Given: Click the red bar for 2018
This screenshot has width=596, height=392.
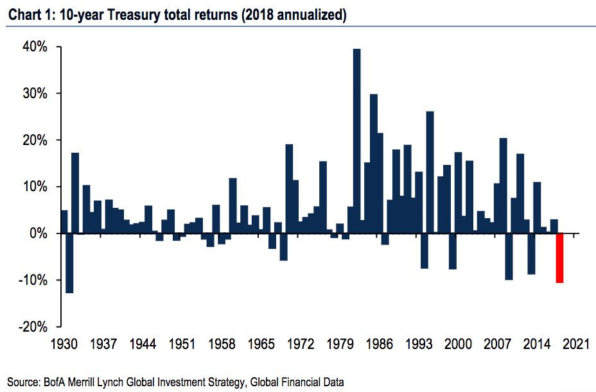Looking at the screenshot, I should click(559, 258).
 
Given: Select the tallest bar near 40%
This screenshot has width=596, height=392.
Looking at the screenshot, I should click(357, 141).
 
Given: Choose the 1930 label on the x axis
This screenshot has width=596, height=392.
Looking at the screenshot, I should click(64, 344).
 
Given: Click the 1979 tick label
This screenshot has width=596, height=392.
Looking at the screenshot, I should click(340, 344).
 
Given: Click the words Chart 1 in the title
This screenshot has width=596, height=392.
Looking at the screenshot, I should click(26, 15).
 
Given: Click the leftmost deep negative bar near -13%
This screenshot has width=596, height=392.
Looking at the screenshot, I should click(69, 263).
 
